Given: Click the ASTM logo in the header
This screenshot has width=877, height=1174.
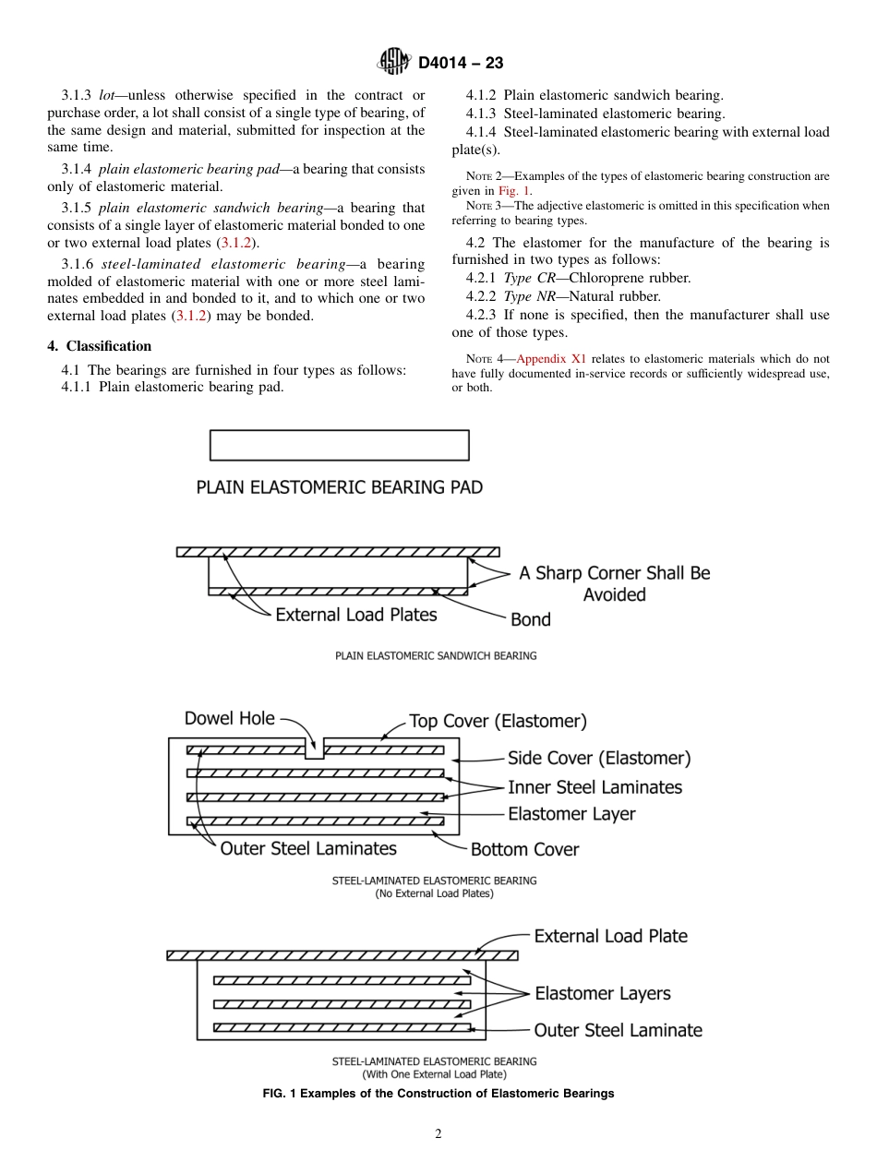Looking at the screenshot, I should click(394, 62).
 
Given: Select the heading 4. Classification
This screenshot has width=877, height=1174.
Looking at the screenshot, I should click(100, 346).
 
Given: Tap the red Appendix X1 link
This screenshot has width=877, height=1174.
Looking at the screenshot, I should click(551, 358).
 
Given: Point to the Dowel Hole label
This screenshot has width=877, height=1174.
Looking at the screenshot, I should click(229, 718).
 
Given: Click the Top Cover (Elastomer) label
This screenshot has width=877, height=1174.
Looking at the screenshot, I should click(498, 721).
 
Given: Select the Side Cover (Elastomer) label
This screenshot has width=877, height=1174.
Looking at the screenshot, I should click(599, 759).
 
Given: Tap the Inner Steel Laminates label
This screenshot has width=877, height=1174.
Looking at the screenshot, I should click(595, 787).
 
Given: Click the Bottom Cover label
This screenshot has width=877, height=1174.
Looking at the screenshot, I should click(524, 849).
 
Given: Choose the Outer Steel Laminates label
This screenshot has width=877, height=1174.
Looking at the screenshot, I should click(308, 848).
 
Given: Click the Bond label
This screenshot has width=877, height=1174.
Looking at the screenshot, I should click(531, 619).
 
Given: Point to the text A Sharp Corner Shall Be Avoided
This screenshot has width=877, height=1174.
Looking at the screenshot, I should click(614, 583).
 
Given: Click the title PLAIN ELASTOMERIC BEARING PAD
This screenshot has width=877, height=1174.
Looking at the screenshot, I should click(339, 486).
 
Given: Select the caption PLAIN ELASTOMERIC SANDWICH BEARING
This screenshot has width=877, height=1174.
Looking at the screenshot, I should click(435, 655).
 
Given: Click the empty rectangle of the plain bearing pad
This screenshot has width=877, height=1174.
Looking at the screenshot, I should click(339, 445).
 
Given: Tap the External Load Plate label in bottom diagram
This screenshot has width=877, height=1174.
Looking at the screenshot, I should click(610, 936).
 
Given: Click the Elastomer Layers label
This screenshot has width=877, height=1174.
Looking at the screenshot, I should click(602, 993).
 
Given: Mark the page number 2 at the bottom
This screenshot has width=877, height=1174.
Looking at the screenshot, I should click(438, 1134).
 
